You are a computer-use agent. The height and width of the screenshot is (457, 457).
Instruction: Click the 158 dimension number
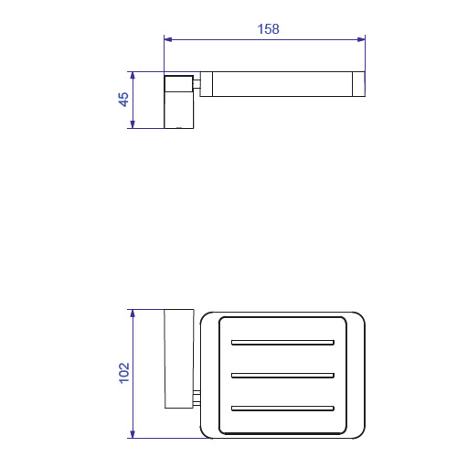coord(268,29)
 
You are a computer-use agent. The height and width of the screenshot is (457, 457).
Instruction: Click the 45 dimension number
coord(123,100)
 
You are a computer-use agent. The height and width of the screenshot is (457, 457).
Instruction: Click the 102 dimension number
coord(124,373)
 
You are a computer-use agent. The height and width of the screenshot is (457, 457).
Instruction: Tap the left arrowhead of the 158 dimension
coord(168,39)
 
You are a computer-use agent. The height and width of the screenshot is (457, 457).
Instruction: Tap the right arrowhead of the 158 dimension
coord(361,39)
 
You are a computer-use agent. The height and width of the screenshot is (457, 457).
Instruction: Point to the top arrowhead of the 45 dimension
coord(133,76)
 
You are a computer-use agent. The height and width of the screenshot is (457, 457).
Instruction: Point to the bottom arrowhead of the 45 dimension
coord(133,124)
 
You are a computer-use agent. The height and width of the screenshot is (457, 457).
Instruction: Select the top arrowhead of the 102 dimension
coord(133,314)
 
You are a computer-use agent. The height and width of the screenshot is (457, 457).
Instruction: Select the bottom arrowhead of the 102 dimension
coord(133,434)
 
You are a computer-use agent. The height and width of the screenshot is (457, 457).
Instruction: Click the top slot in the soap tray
coord(282,343)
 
